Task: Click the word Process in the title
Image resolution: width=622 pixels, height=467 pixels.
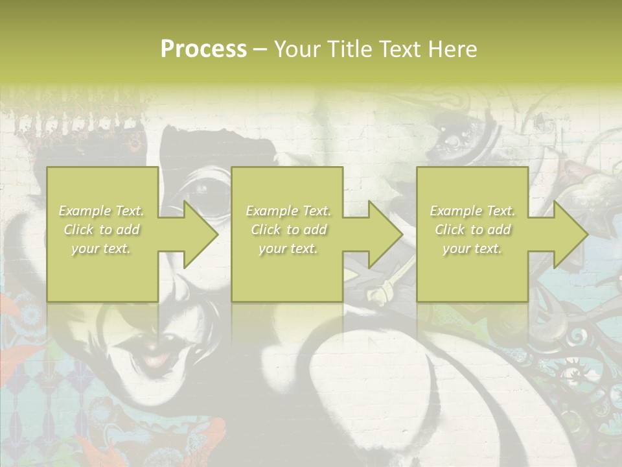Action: pos(203,49)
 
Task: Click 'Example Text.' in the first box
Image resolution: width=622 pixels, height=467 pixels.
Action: pos(102,211)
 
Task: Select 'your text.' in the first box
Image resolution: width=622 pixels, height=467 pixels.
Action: pos(102,248)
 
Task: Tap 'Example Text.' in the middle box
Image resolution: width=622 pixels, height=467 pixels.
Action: pos(288,211)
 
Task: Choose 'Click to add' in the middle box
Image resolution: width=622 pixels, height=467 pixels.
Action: pos(288,230)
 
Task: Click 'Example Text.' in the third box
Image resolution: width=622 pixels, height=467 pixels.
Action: pos(472,211)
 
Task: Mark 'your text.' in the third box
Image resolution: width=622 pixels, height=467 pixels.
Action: pos(472,248)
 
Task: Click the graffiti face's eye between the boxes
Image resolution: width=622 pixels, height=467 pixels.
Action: pos(202,189)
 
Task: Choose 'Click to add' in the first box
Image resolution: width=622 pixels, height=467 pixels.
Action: pos(102,230)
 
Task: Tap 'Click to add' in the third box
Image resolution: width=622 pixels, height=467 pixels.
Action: pos(472,230)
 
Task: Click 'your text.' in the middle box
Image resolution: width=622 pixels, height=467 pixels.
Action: pos(288,248)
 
